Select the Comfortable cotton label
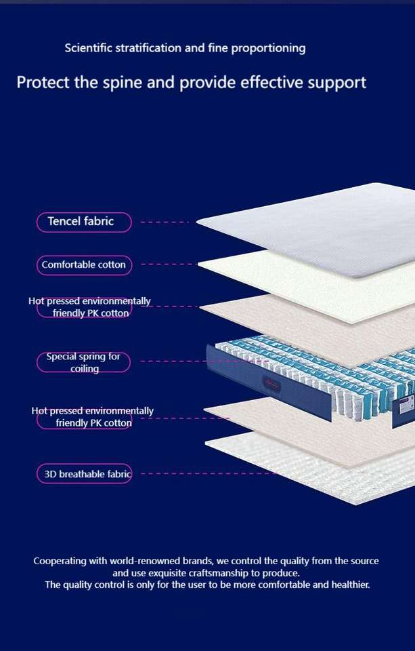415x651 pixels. click(x=84, y=265)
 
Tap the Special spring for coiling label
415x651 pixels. click(x=83, y=362)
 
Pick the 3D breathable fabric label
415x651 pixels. click(x=84, y=474)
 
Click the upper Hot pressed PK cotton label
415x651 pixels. click(x=84, y=307)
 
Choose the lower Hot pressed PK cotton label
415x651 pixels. click(x=84, y=417)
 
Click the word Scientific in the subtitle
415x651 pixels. click(x=89, y=48)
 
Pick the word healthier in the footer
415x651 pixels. click(x=347, y=585)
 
